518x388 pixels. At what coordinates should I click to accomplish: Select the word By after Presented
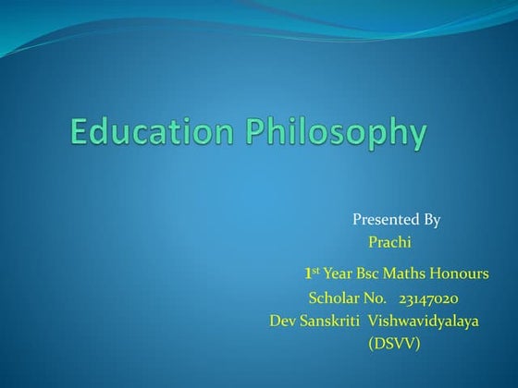431,220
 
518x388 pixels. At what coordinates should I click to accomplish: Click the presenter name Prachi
388,243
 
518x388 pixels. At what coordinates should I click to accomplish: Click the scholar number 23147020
428,298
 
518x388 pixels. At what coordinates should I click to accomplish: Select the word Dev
281,321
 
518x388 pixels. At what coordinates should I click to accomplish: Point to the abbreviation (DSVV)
394,344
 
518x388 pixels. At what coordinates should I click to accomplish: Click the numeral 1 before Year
307,274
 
